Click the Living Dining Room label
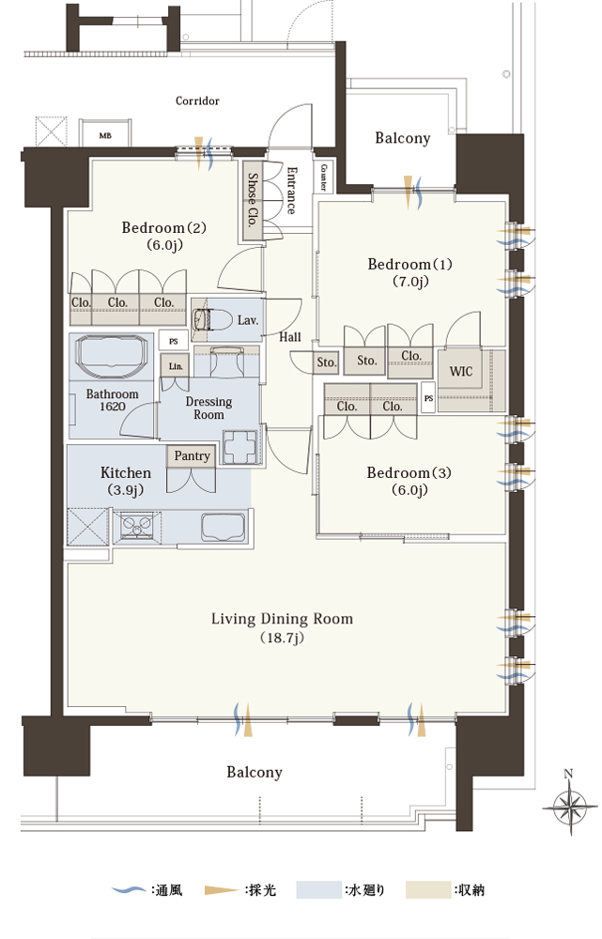coord(282,619)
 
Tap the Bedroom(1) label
coord(409,264)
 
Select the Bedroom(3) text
coord(409,472)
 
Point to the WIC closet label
coord(460,371)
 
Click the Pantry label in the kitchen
coord(192,455)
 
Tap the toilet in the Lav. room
coord(212,320)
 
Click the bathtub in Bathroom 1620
coord(112,356)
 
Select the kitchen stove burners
coord(137,527)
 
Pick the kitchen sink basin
coord(224,528)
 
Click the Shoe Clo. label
coord(253,199)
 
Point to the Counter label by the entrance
coord(323,177)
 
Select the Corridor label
coord(197,100)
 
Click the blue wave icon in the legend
coord(128,890)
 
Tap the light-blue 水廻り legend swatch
coord(318,890)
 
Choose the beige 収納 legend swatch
coord(427,890)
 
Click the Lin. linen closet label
coord(176,366)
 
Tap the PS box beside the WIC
coord(428,397)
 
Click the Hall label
coord(290,337)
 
